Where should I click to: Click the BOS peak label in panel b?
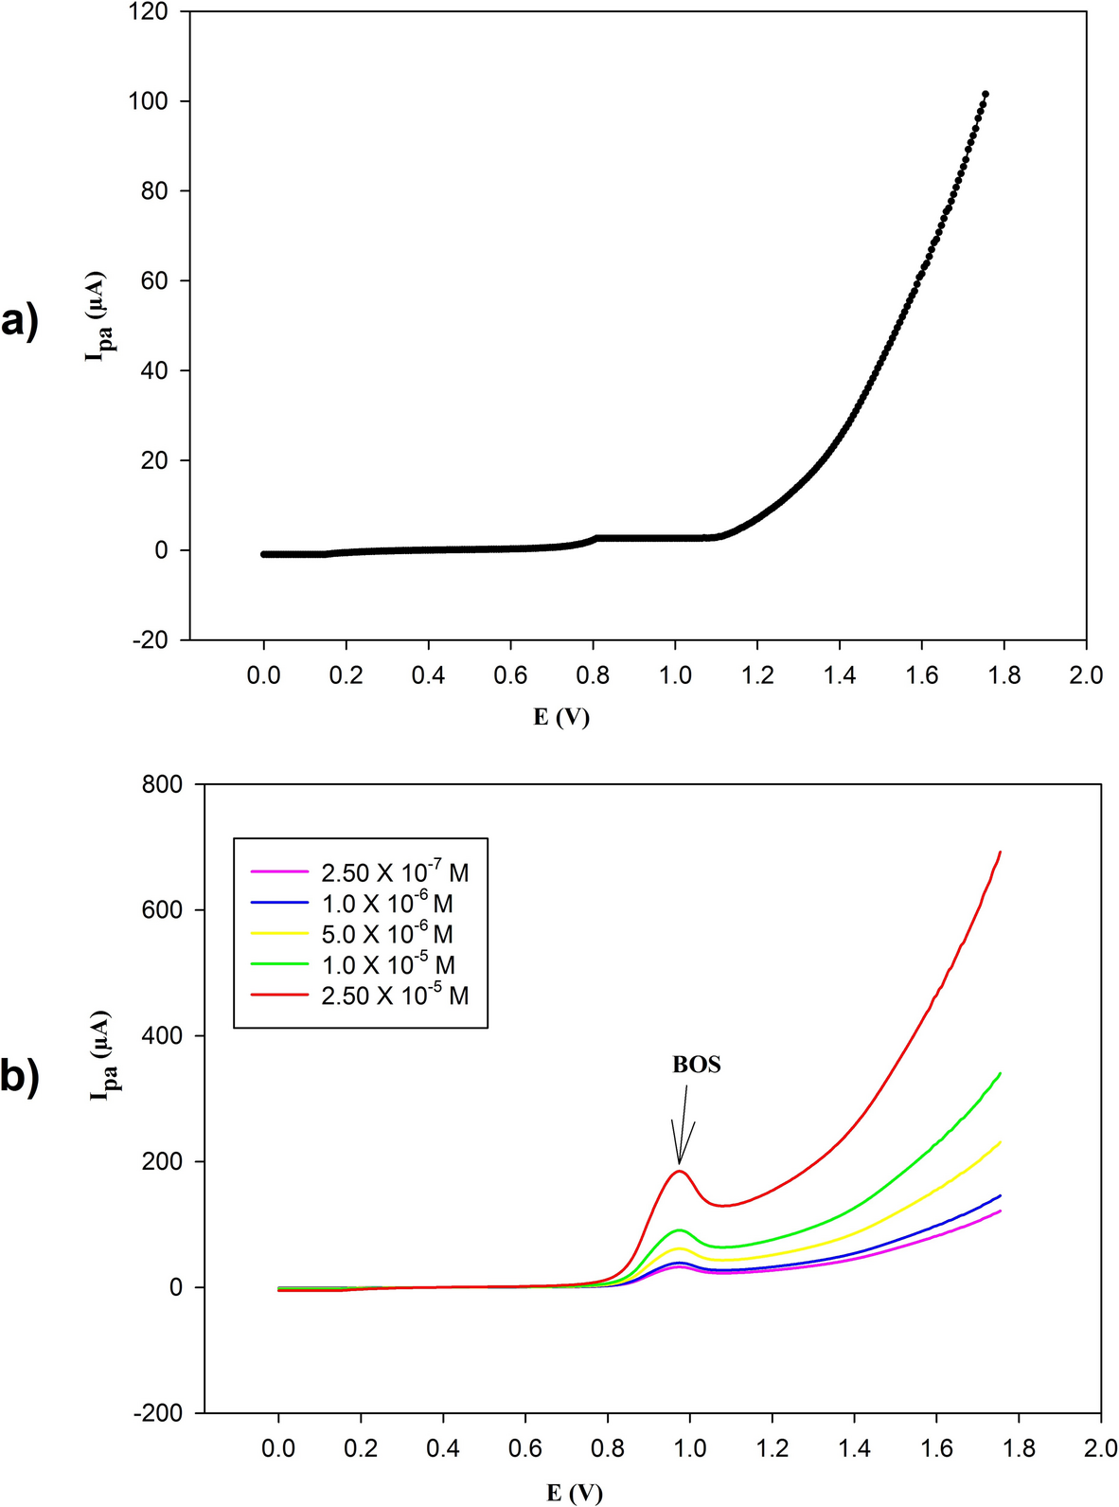[x=696, y=1065]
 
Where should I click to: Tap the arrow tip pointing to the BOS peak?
[x=679, y=1163]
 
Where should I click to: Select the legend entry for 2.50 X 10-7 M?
[x=394, y=872]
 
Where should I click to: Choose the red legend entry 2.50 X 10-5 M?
[x=394, y=996]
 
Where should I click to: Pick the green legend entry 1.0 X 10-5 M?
[x=387, y=965]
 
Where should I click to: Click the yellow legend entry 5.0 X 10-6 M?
[x=386, y=934]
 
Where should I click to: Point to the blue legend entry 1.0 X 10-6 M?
[x=386, y=903]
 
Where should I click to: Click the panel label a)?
[x=20, y=322]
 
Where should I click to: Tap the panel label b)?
[x=20, y=1077]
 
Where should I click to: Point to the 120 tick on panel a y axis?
[x=148, y=12]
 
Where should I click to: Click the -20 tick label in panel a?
[x=148, y=640]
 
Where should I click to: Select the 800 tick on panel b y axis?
[x=162, y=784]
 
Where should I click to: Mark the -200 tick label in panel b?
[x=157, y=1413]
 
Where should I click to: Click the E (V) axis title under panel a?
[x=560, y=717]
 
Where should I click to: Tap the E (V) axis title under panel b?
[x=574, y=1493]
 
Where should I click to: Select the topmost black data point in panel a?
[x=986, y=94]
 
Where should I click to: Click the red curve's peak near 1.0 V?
[x=679, y=1172]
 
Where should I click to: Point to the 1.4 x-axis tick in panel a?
[x=839, y=675]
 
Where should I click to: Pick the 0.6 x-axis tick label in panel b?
[x=524, y=1448]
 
